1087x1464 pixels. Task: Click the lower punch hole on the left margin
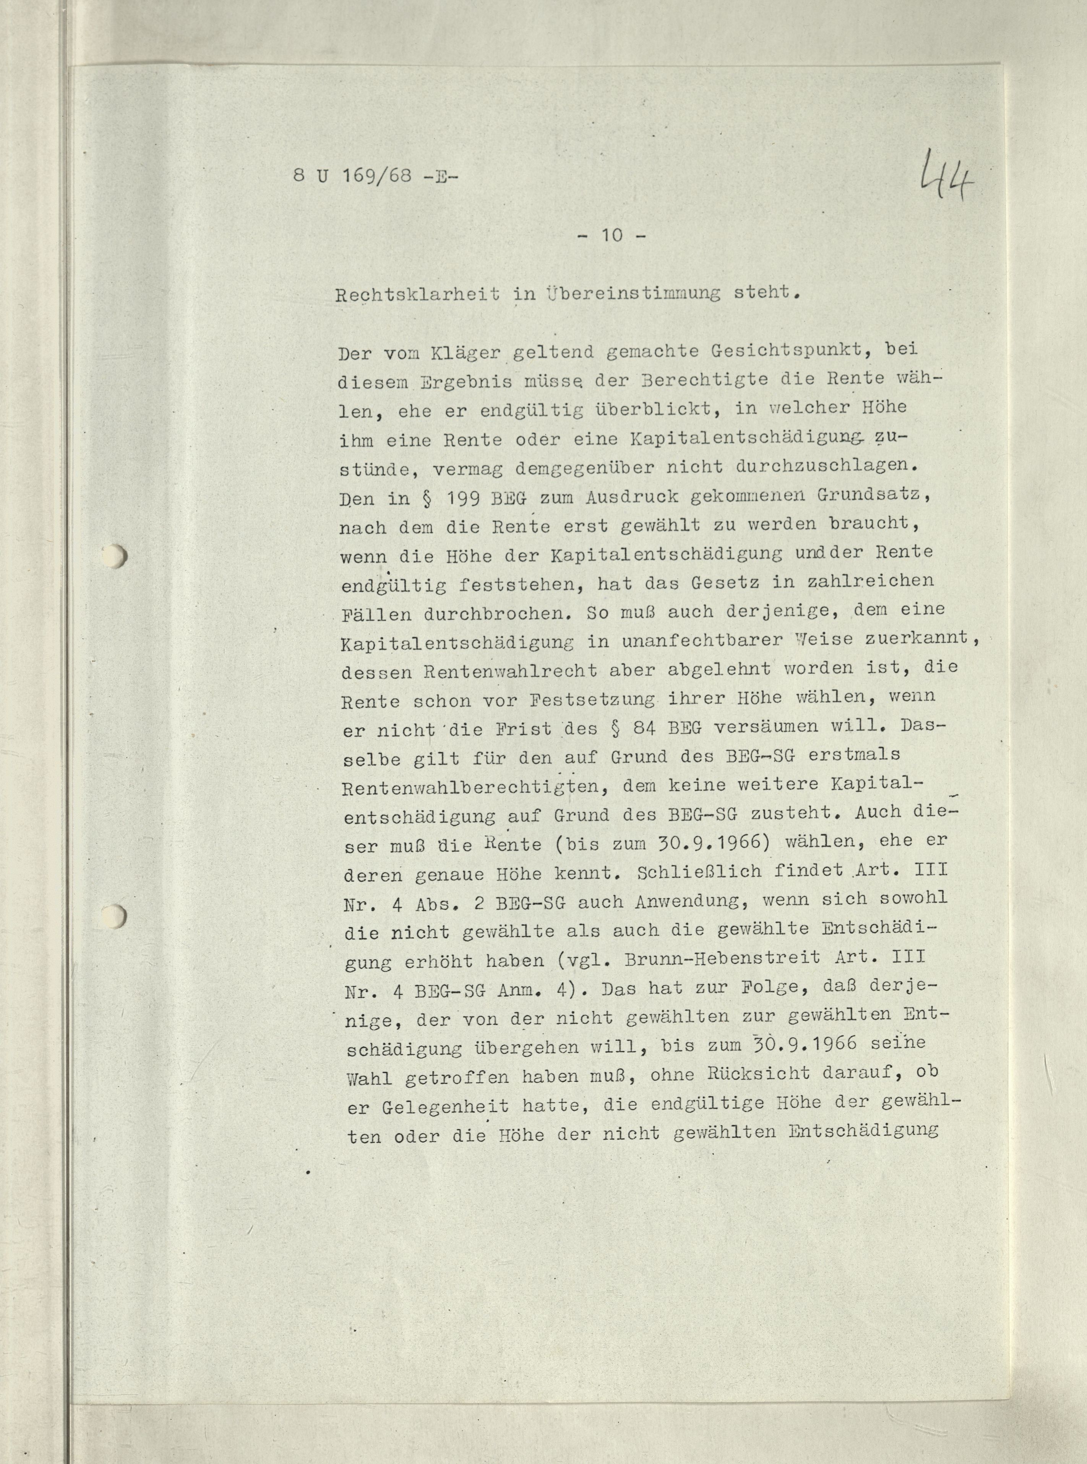[x=117, y=915]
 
